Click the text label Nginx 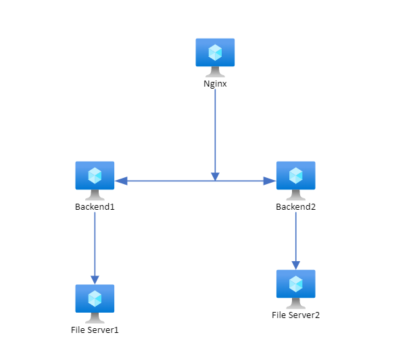point(215,85)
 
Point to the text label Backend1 point(95,206)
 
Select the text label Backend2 point(295,206)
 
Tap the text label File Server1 point(99,330)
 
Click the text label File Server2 point(295,315)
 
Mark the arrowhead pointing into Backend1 point(120,181)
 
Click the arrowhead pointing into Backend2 point(270,181)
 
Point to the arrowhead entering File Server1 point(95,279)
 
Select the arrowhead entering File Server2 point(295,264)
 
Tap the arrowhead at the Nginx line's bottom point(215,176)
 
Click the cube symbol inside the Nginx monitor point(215,51)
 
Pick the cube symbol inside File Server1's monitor point(95,298)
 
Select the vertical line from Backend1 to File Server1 point(95,244)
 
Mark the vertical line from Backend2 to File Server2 point(295,237)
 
